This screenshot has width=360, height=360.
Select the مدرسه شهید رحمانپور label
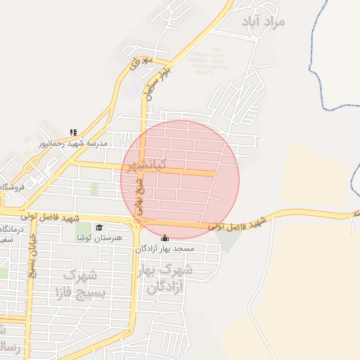coord(74,143)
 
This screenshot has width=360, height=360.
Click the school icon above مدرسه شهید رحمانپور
coord(73,131)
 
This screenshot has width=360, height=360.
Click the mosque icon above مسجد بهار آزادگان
coord(165,238)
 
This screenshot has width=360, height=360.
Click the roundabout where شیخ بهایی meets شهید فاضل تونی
coord(138,222)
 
